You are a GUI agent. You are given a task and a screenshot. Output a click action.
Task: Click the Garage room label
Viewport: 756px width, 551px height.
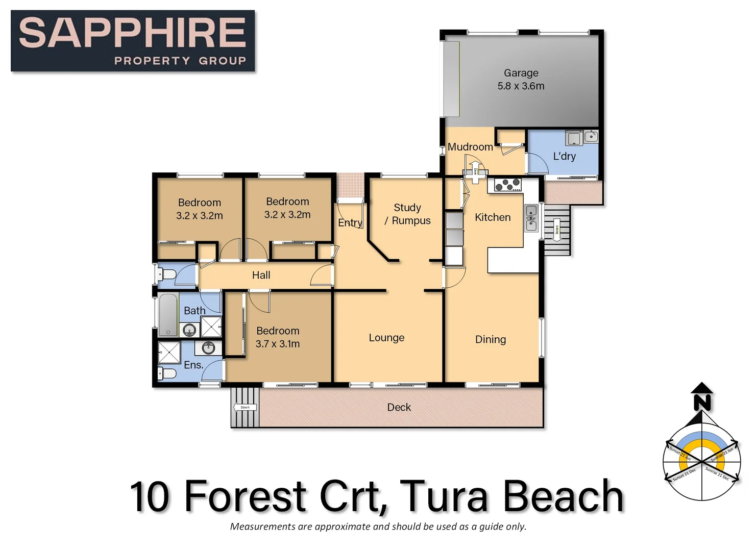[x=521, y=73]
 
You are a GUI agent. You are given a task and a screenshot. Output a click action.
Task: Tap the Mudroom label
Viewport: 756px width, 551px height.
[x=470, y=147]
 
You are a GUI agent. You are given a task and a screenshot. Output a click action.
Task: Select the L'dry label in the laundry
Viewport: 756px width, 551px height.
[x=564, y=156]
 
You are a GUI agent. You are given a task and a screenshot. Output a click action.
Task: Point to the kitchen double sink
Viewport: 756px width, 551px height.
[x=531, y=218]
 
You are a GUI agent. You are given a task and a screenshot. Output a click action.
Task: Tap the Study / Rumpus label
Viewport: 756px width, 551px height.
[x=407, y=214]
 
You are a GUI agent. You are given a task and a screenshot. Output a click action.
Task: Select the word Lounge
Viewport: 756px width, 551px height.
[x=386, y=338]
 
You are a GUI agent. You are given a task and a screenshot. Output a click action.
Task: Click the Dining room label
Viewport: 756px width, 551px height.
[x=490, y=339]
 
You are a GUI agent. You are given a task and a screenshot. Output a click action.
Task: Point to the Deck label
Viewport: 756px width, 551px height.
[x=399, y=407]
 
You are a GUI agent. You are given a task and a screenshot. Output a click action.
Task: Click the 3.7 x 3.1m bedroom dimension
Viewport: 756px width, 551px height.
[x=278, y=344]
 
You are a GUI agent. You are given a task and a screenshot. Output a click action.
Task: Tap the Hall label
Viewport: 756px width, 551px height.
[x=261, y=275]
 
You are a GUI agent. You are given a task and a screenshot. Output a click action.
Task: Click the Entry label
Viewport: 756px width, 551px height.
[x=350, y=222]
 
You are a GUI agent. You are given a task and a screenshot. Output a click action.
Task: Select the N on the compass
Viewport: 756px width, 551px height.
[x=702, y=403]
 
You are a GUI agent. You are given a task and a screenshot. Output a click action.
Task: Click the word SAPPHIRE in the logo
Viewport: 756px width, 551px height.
[x=133, y=33]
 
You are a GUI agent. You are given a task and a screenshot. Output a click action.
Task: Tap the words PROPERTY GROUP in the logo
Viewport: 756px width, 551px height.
[x=180, y=61]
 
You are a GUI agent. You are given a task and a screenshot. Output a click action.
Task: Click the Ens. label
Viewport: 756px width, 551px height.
[x=193, y=365]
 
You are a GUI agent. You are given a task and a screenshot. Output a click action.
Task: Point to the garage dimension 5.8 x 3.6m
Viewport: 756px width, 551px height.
[x=521, y=86]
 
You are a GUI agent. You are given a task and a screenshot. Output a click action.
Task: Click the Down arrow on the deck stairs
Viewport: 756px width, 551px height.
[x=245, y=407]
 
